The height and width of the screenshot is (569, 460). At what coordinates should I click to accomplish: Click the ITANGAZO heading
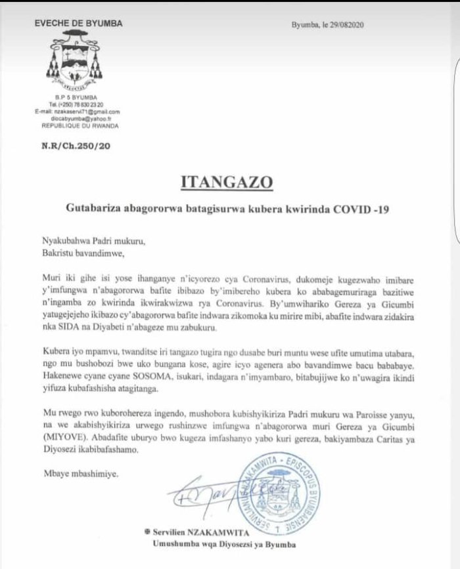point(225,181)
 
